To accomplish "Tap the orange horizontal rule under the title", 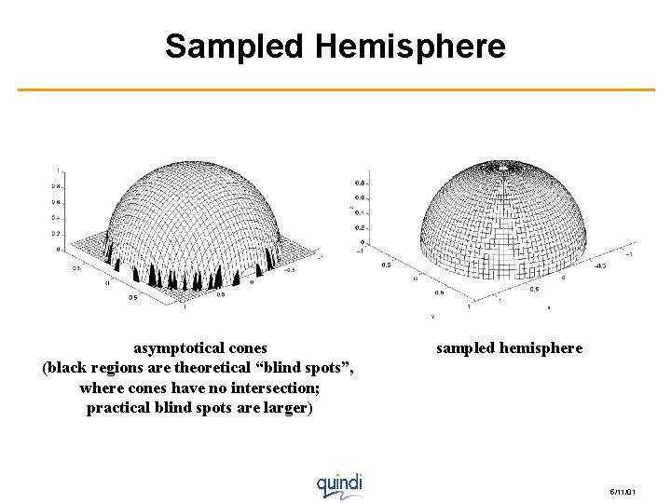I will [335, 89].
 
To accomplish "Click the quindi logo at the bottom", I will [338, 484].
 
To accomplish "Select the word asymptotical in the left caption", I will [171, 348].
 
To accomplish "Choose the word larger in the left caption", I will [287, 408].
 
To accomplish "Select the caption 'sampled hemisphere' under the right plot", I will [509, 348].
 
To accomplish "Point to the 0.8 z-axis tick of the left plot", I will [56, 186].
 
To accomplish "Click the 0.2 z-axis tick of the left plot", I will [56, 234].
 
